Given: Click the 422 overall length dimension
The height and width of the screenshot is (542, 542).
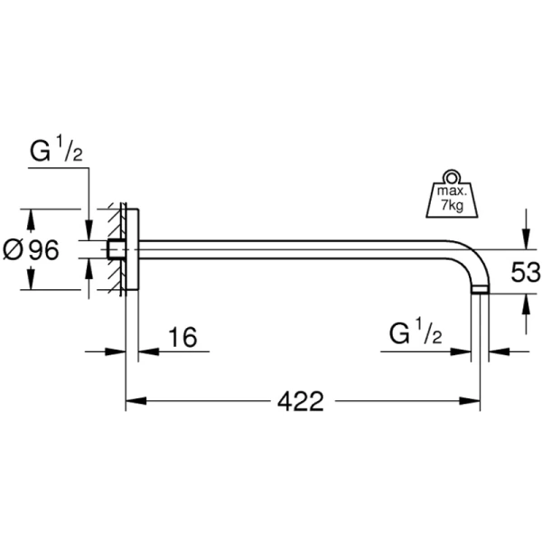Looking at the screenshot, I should pos(301,400).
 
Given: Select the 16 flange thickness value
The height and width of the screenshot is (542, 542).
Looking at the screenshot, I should pos(182,338).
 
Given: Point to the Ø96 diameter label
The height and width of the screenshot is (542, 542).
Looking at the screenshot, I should pos(32,250).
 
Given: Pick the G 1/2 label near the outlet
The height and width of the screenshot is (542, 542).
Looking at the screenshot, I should pos(416,335).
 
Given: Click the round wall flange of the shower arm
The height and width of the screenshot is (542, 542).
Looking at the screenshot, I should pos(131,250).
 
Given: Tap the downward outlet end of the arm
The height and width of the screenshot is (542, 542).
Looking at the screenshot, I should pos(481,289).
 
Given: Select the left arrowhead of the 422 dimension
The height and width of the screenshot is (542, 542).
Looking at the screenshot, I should pos(131,400).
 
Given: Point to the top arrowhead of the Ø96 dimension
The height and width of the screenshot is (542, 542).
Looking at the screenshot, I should pos(33,218).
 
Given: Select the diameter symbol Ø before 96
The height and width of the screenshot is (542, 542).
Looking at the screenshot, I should pos(13,250).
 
